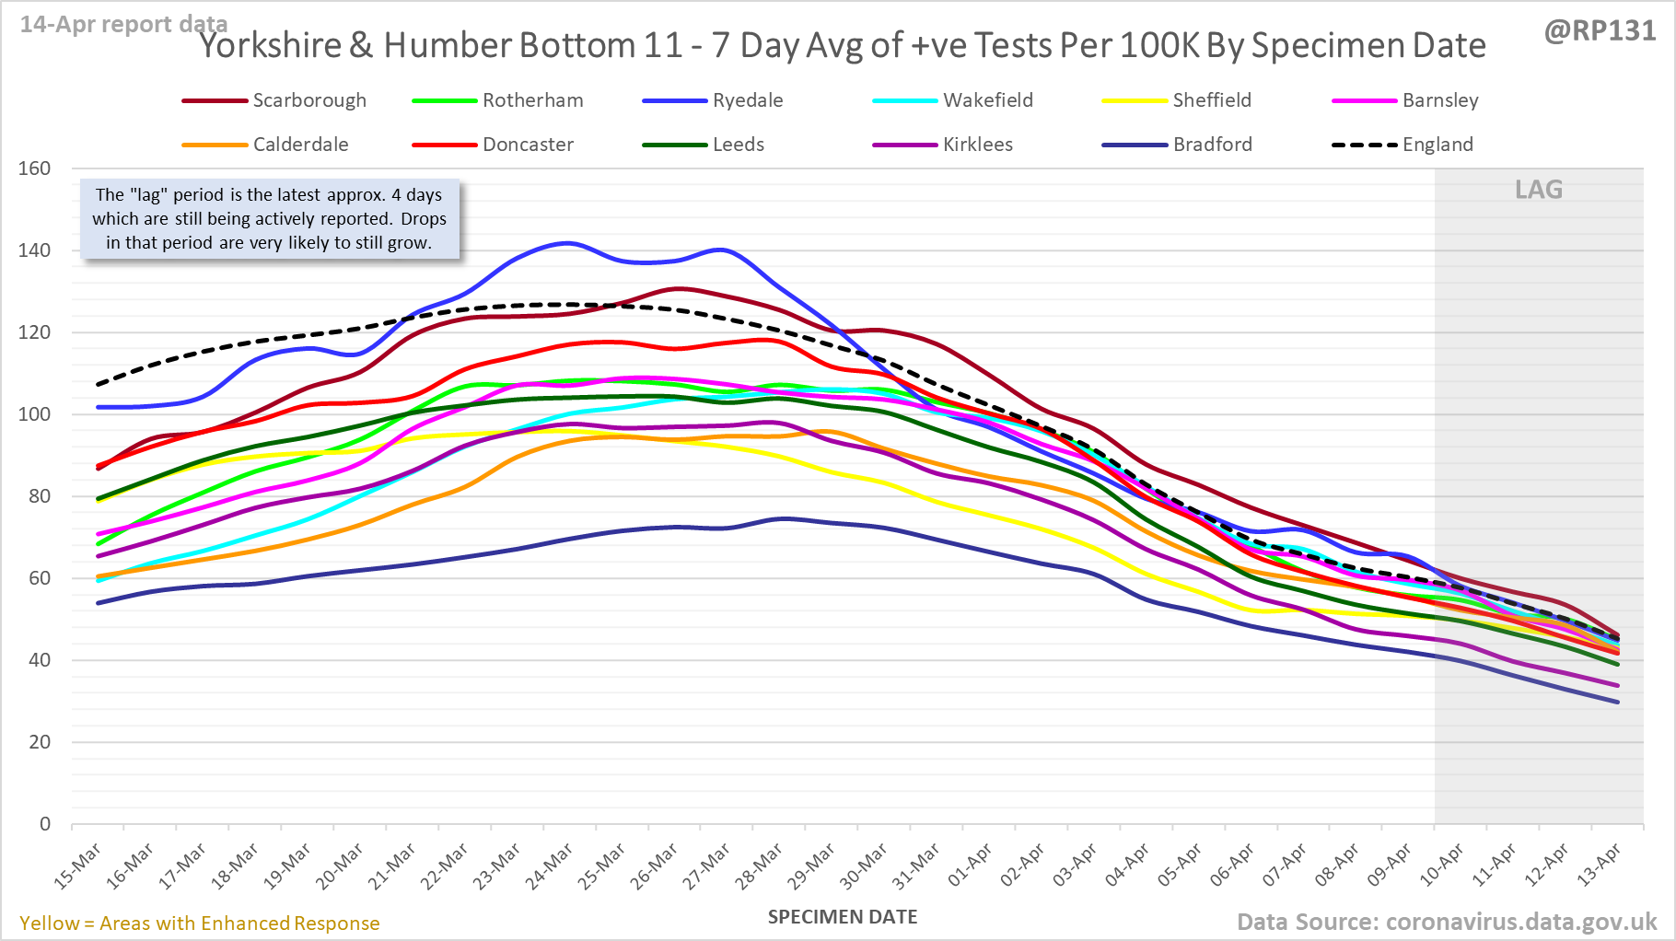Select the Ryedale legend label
[x=747, y=100]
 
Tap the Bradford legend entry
[x=1212, y=145]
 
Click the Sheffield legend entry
[x=1211, y=100]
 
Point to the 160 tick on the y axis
[x=35, y=168]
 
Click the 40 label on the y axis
[x=39, y=660]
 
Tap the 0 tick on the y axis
[x=45, y=824]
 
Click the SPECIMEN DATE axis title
[x=843, y=917]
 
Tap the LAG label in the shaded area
[x=1539, y=190]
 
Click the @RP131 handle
[x=1600, y=31]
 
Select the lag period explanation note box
[x=269, y=219]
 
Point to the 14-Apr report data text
[x=123, y=25]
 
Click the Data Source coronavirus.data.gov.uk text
[x=1446, y=922]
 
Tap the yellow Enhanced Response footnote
[x=200, y=924]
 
